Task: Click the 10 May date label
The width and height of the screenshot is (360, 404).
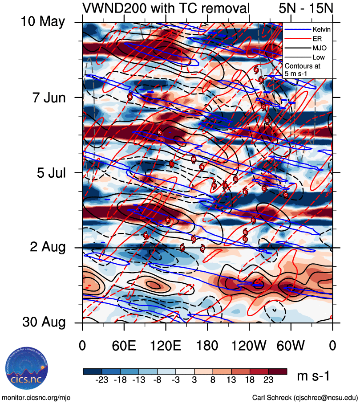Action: pos(43,22)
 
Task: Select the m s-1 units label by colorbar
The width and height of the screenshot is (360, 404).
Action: pos(313,376)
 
